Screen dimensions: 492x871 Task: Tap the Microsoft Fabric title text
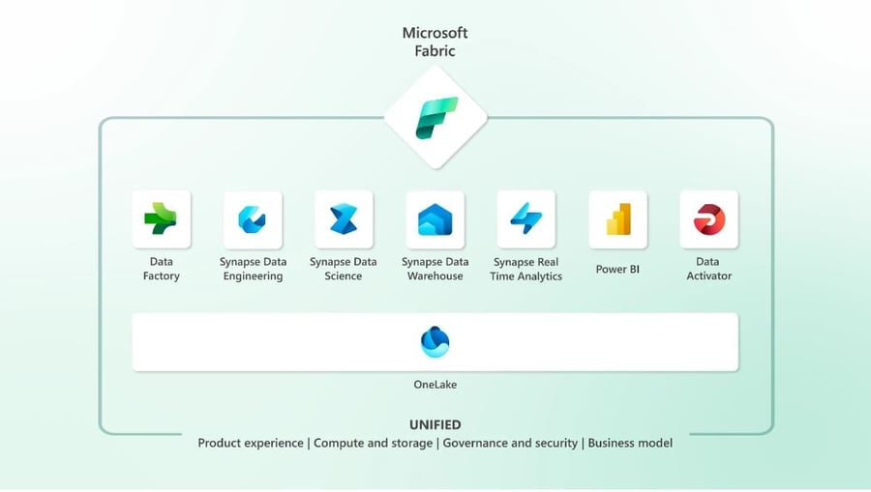[435, 42]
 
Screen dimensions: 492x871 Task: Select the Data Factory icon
[161, 219]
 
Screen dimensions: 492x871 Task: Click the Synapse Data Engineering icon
[252, 219]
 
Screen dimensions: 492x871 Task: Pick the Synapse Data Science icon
[343, 219]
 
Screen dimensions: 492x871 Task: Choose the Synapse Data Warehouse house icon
[435, 220]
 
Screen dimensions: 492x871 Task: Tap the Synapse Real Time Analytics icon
[526, 219]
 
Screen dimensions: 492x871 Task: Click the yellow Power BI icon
[617, 219]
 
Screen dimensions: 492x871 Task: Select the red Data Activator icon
[708, 219]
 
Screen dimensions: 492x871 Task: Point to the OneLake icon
[435, 341]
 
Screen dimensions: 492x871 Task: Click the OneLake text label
[435, 385]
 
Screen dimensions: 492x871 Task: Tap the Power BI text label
[617, 269]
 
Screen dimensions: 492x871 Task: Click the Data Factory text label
[161, 269]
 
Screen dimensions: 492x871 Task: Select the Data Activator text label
[708, 269]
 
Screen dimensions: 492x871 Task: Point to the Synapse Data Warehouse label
[435, 269]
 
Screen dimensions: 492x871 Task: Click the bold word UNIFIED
[435, 424]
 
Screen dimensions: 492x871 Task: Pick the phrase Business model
[630, 443]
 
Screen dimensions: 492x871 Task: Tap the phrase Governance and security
[510, 443]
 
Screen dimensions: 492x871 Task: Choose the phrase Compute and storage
[374, 443]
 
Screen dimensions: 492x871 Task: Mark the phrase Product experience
[252, 443]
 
